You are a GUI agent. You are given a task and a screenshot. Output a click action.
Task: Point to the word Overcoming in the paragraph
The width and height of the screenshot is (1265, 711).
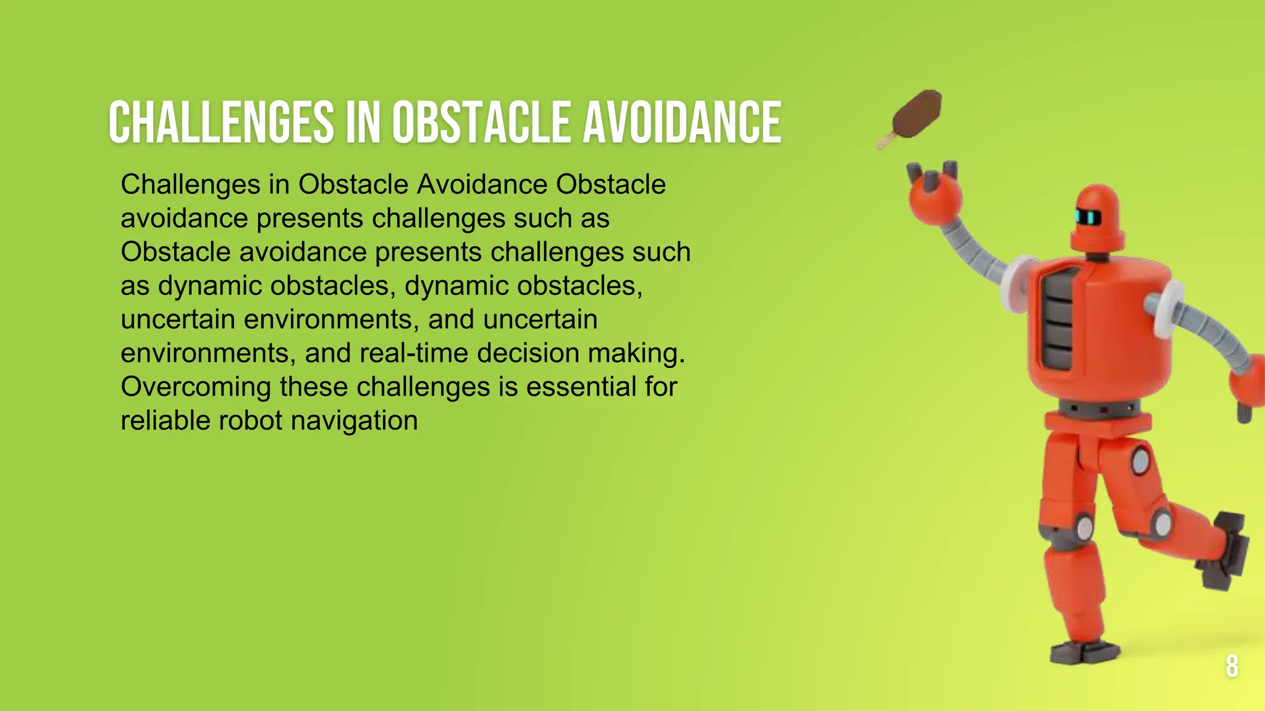pyautogui.click(x=195, y=388)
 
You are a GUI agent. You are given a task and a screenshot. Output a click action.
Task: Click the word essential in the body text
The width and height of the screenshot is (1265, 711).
pyautogui.click(x=581, y=387)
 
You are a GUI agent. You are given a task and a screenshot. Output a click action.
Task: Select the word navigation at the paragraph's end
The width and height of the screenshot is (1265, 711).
pyautogui.click(x=354, y=421)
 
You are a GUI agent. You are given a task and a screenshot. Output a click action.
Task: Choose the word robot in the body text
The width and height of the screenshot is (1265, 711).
pyautogui.click(x=250, y=421)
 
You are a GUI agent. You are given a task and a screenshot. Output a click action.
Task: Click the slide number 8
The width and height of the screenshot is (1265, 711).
pyautogui.click(x=1232, y=666)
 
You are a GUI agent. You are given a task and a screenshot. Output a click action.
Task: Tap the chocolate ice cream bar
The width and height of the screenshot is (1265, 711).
pyautogui.click(x=918, y=115)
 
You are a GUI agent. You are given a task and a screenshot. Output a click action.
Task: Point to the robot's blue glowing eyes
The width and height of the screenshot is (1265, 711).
pyautogui.click(x=1088, y=217)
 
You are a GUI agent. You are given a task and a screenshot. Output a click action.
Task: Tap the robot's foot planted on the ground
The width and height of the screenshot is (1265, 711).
pyautogui.click(x=1085, y=652)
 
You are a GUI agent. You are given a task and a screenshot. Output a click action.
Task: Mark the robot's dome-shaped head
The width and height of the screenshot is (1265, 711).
pyautogui.click(x=1097, y=213)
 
